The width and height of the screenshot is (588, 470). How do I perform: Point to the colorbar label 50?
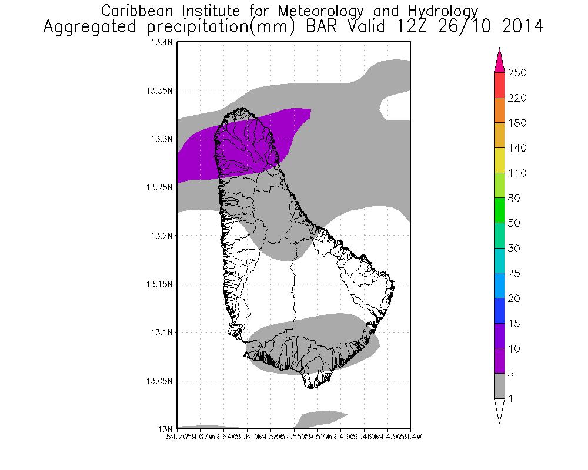pyautogui.click(x=514, y=223)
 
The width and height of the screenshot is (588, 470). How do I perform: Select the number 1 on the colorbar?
pyautogui.click(x=512, y=399)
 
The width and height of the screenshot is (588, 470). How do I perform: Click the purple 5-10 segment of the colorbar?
pyautogui.click(x=499, y=361)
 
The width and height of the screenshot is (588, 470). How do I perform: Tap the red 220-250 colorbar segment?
pyautogui.click(x=499, y=85)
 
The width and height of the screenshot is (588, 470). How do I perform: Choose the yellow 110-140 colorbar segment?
pyautogui.click(x=499, y=160)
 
